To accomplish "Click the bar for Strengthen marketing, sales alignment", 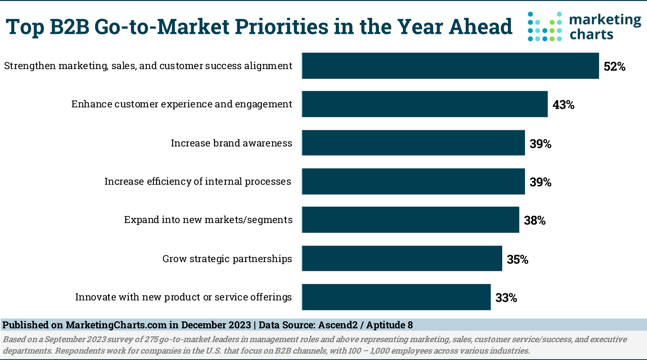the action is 450,66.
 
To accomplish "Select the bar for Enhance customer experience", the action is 424,104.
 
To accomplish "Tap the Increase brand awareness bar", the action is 413,143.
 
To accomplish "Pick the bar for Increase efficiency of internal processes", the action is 413,182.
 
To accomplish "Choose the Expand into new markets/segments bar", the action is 410,219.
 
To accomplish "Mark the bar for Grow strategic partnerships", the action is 402,258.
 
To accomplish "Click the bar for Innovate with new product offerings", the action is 396,297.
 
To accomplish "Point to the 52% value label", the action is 614,67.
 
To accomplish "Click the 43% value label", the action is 563,105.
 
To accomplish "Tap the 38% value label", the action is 535,221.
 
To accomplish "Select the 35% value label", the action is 517,259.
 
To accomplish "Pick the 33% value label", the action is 506,298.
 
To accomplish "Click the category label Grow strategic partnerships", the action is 227,259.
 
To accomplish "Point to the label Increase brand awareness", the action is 231,143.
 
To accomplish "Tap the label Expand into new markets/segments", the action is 208,220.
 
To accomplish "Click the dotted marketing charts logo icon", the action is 545,26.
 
